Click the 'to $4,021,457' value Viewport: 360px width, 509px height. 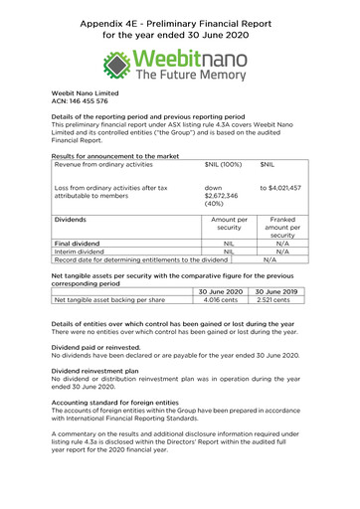click(280, 188)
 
